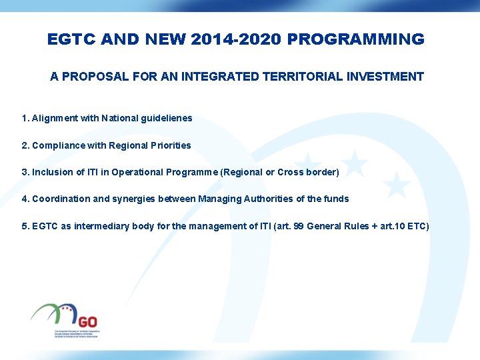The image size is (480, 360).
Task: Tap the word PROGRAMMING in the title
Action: point(356,39)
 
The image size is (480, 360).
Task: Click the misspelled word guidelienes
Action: point(167,118)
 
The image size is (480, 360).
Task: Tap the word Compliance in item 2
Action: point(58,145)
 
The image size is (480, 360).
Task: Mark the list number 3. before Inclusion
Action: point(25,172)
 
